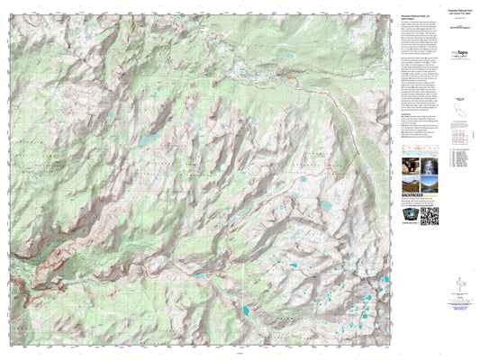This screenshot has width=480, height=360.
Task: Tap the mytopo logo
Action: (430, 55)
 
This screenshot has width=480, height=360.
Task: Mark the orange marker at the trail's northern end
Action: (289, 79)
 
